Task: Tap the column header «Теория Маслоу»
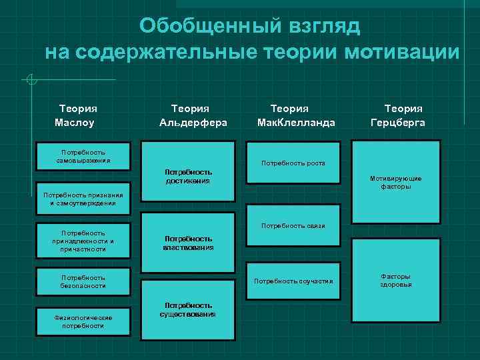(x=78, y=115)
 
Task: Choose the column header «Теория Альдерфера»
(x=193, y=115)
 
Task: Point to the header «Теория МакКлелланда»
(x=295, y=115)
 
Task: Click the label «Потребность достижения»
(x=189, y=176)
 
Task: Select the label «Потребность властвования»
(x=189, y=243)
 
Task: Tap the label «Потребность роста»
(x=293, y=163)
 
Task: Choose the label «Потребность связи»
(x=293, y=225)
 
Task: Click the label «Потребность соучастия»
(x=293, y=281)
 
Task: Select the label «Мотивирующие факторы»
(x=396, y=183)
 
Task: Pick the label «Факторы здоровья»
(x=396, y=280)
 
